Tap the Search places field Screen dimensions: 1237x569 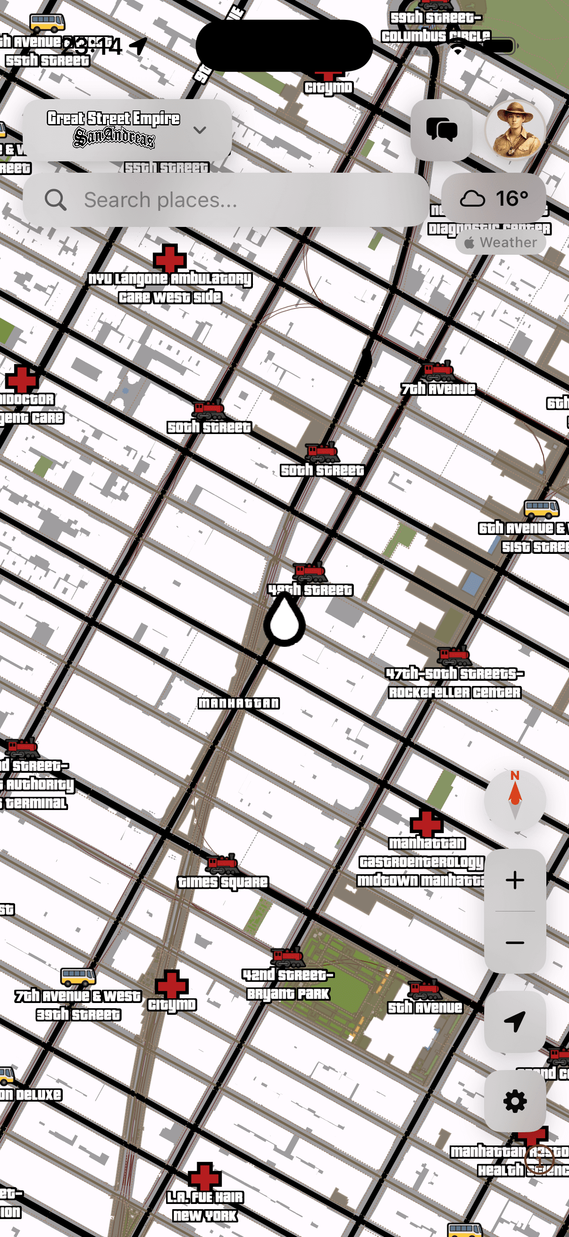coord(226,200)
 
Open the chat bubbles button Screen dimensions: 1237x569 coord(441,130)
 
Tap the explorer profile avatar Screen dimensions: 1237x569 coord(515,130)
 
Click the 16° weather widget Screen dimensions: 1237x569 coord(494,198)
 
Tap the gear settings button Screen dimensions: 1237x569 coord(515,1101)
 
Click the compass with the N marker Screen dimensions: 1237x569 coord(515,800)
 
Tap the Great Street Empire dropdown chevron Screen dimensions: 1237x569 coord(200,130)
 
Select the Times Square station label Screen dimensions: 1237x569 coord(223,882)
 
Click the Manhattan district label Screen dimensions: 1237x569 coord(239,703)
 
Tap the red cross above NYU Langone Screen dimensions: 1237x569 coord(169,259)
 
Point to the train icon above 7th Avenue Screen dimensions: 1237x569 coord(438,371)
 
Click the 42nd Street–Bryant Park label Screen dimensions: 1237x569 coord(288,984)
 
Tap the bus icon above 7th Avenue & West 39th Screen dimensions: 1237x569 coord(78,976)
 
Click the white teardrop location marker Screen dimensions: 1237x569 coord(285,621)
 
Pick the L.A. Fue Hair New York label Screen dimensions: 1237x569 coord(205,1206)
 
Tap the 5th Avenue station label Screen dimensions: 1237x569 coord(425,1007)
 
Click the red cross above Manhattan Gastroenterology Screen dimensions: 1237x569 coord(427,823)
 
